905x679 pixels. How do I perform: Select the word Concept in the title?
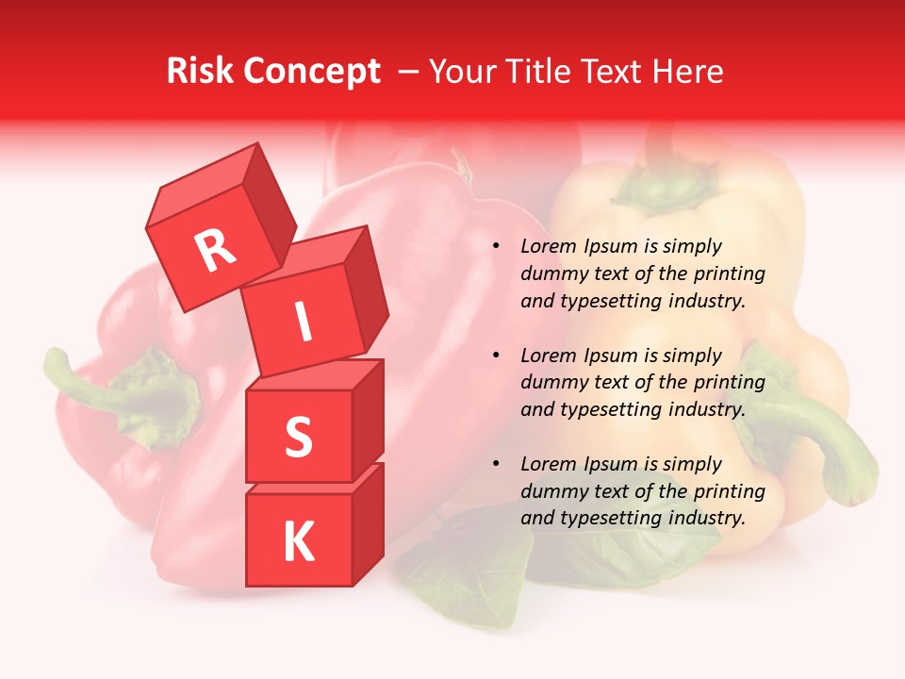pos(311,72)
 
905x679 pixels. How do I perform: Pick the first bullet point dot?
pos(496,247)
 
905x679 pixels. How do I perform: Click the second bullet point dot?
pos(496,356)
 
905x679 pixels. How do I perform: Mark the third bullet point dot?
pos(496,465)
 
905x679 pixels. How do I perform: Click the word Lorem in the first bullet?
pos(548,247)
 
